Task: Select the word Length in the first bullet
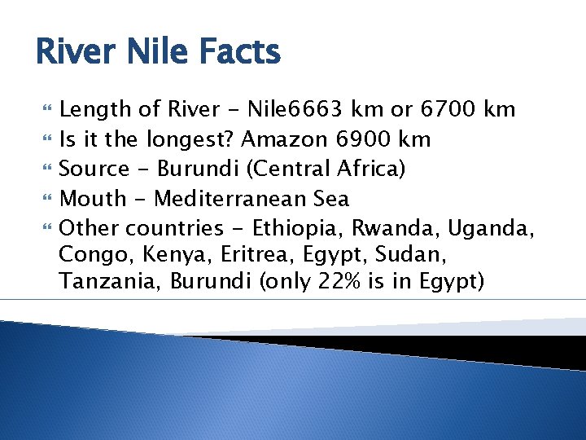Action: [92, 110]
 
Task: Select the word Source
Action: [94, 169]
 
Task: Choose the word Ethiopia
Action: [291, 227]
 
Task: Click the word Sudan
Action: [401, 257]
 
